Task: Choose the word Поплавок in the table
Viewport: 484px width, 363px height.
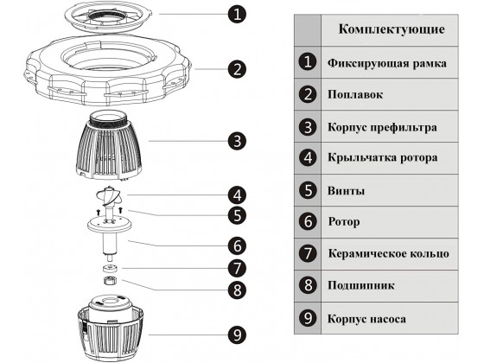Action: coord(355,94)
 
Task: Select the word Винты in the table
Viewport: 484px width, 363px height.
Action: coord(345,190)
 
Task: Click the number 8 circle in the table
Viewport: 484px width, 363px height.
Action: coord(307,285)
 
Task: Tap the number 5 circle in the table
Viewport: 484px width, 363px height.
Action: coord(307,190)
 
